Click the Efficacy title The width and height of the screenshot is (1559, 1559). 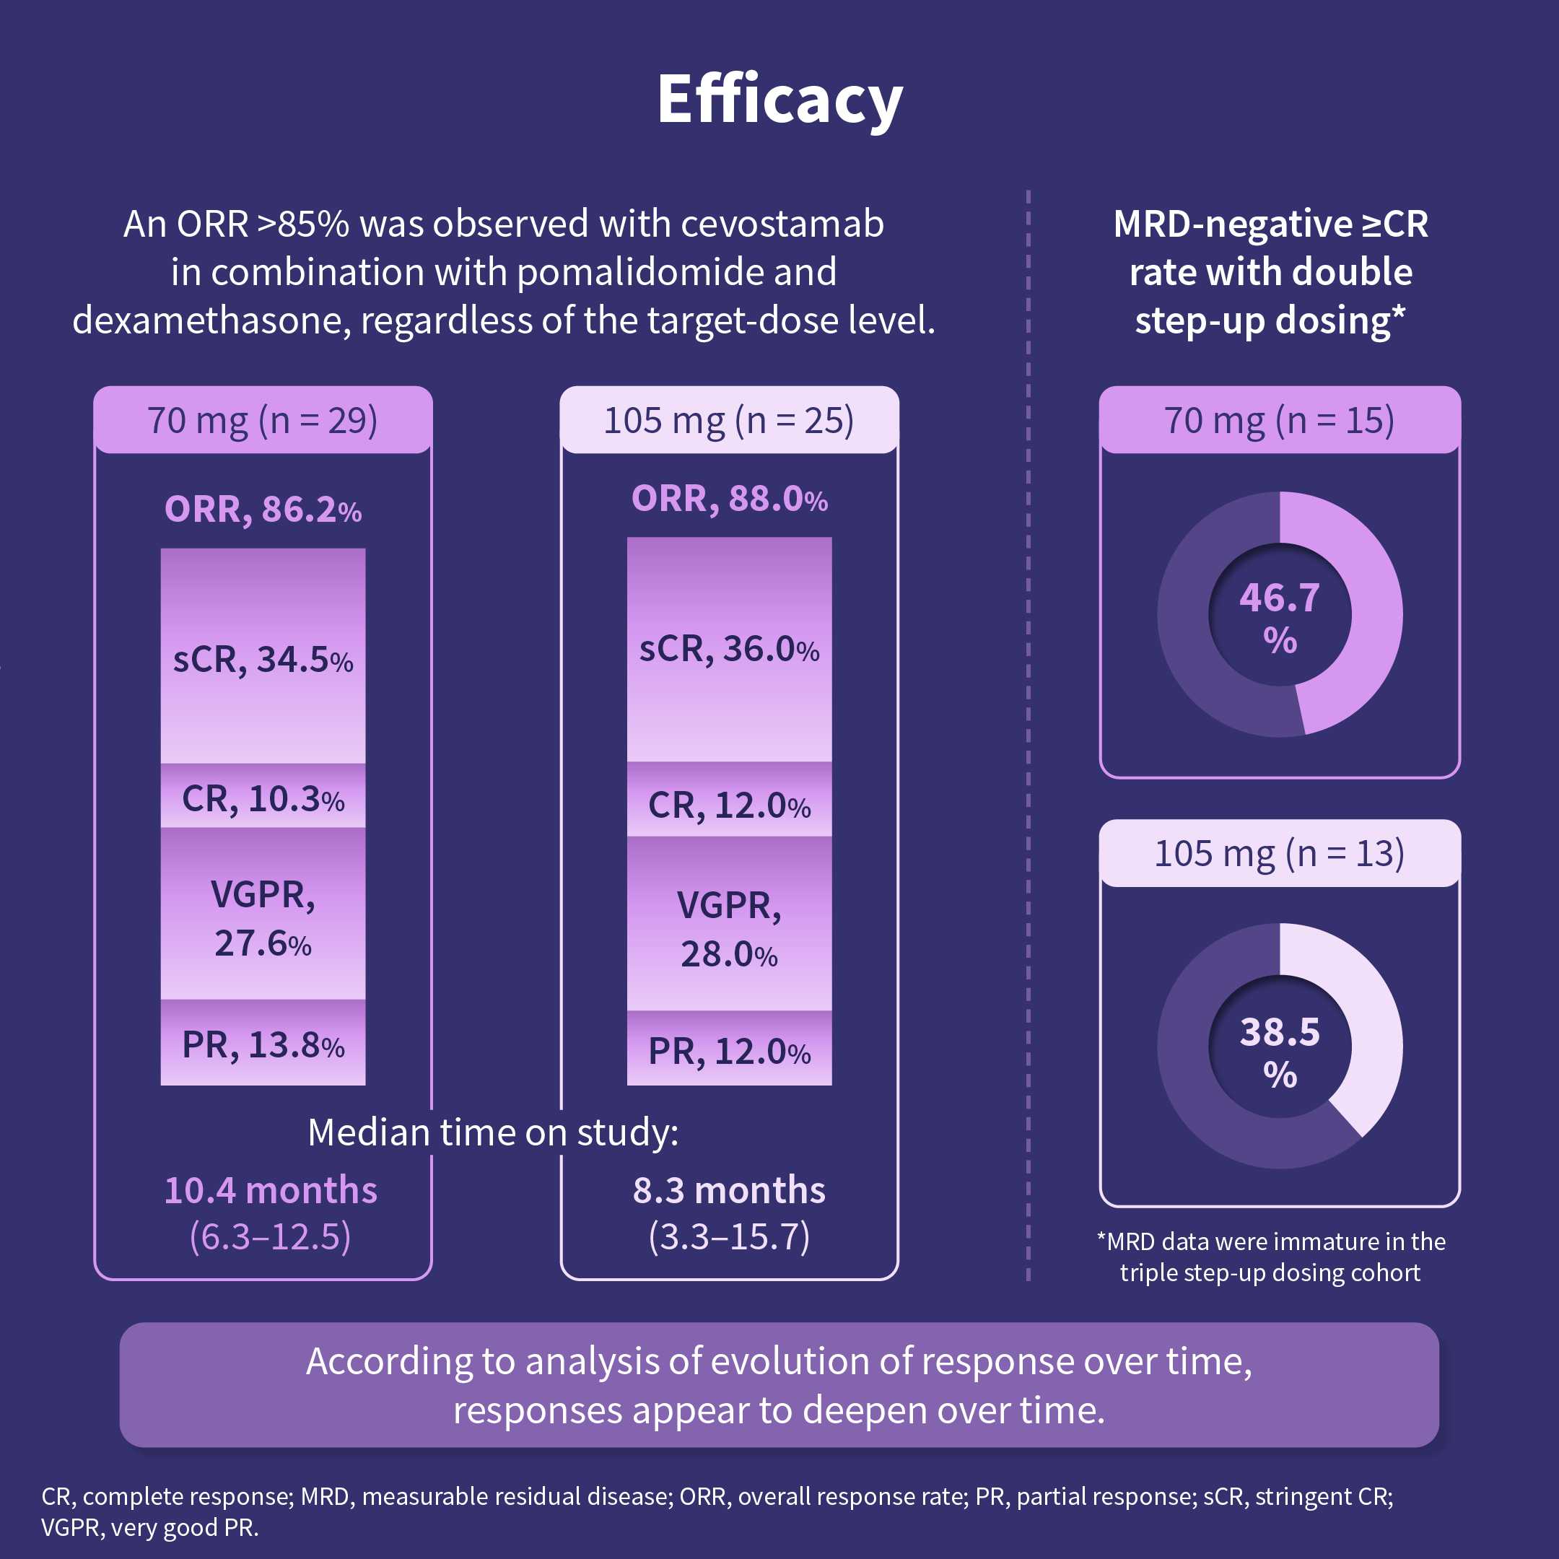click(x=779, y=100)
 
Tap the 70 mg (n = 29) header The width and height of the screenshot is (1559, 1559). click(x=263, y=420)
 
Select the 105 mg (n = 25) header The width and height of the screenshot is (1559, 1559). click(x=729, y=420)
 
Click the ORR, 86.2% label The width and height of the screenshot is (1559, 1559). click(x=263, y=509)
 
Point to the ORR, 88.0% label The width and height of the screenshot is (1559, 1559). click(x=729, y=499)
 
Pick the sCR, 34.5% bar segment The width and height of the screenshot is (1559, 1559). click(x=263, y=657)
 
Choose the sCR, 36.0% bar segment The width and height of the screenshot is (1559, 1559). click(x=729, y=649)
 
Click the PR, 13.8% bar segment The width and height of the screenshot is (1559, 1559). click(x=263, y=1044)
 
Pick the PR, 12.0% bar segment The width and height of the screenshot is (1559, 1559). click(x=729, y=1049)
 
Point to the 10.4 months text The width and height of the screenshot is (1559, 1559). click(x=271, y=1190)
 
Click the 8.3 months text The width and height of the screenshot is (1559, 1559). click(x=729, y=1190)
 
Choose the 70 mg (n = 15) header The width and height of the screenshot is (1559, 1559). click(x=1279, y=420)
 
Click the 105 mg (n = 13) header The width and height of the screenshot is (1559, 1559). click(x=1279, y=853)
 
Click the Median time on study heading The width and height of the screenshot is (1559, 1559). click(x=493, y=1132)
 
